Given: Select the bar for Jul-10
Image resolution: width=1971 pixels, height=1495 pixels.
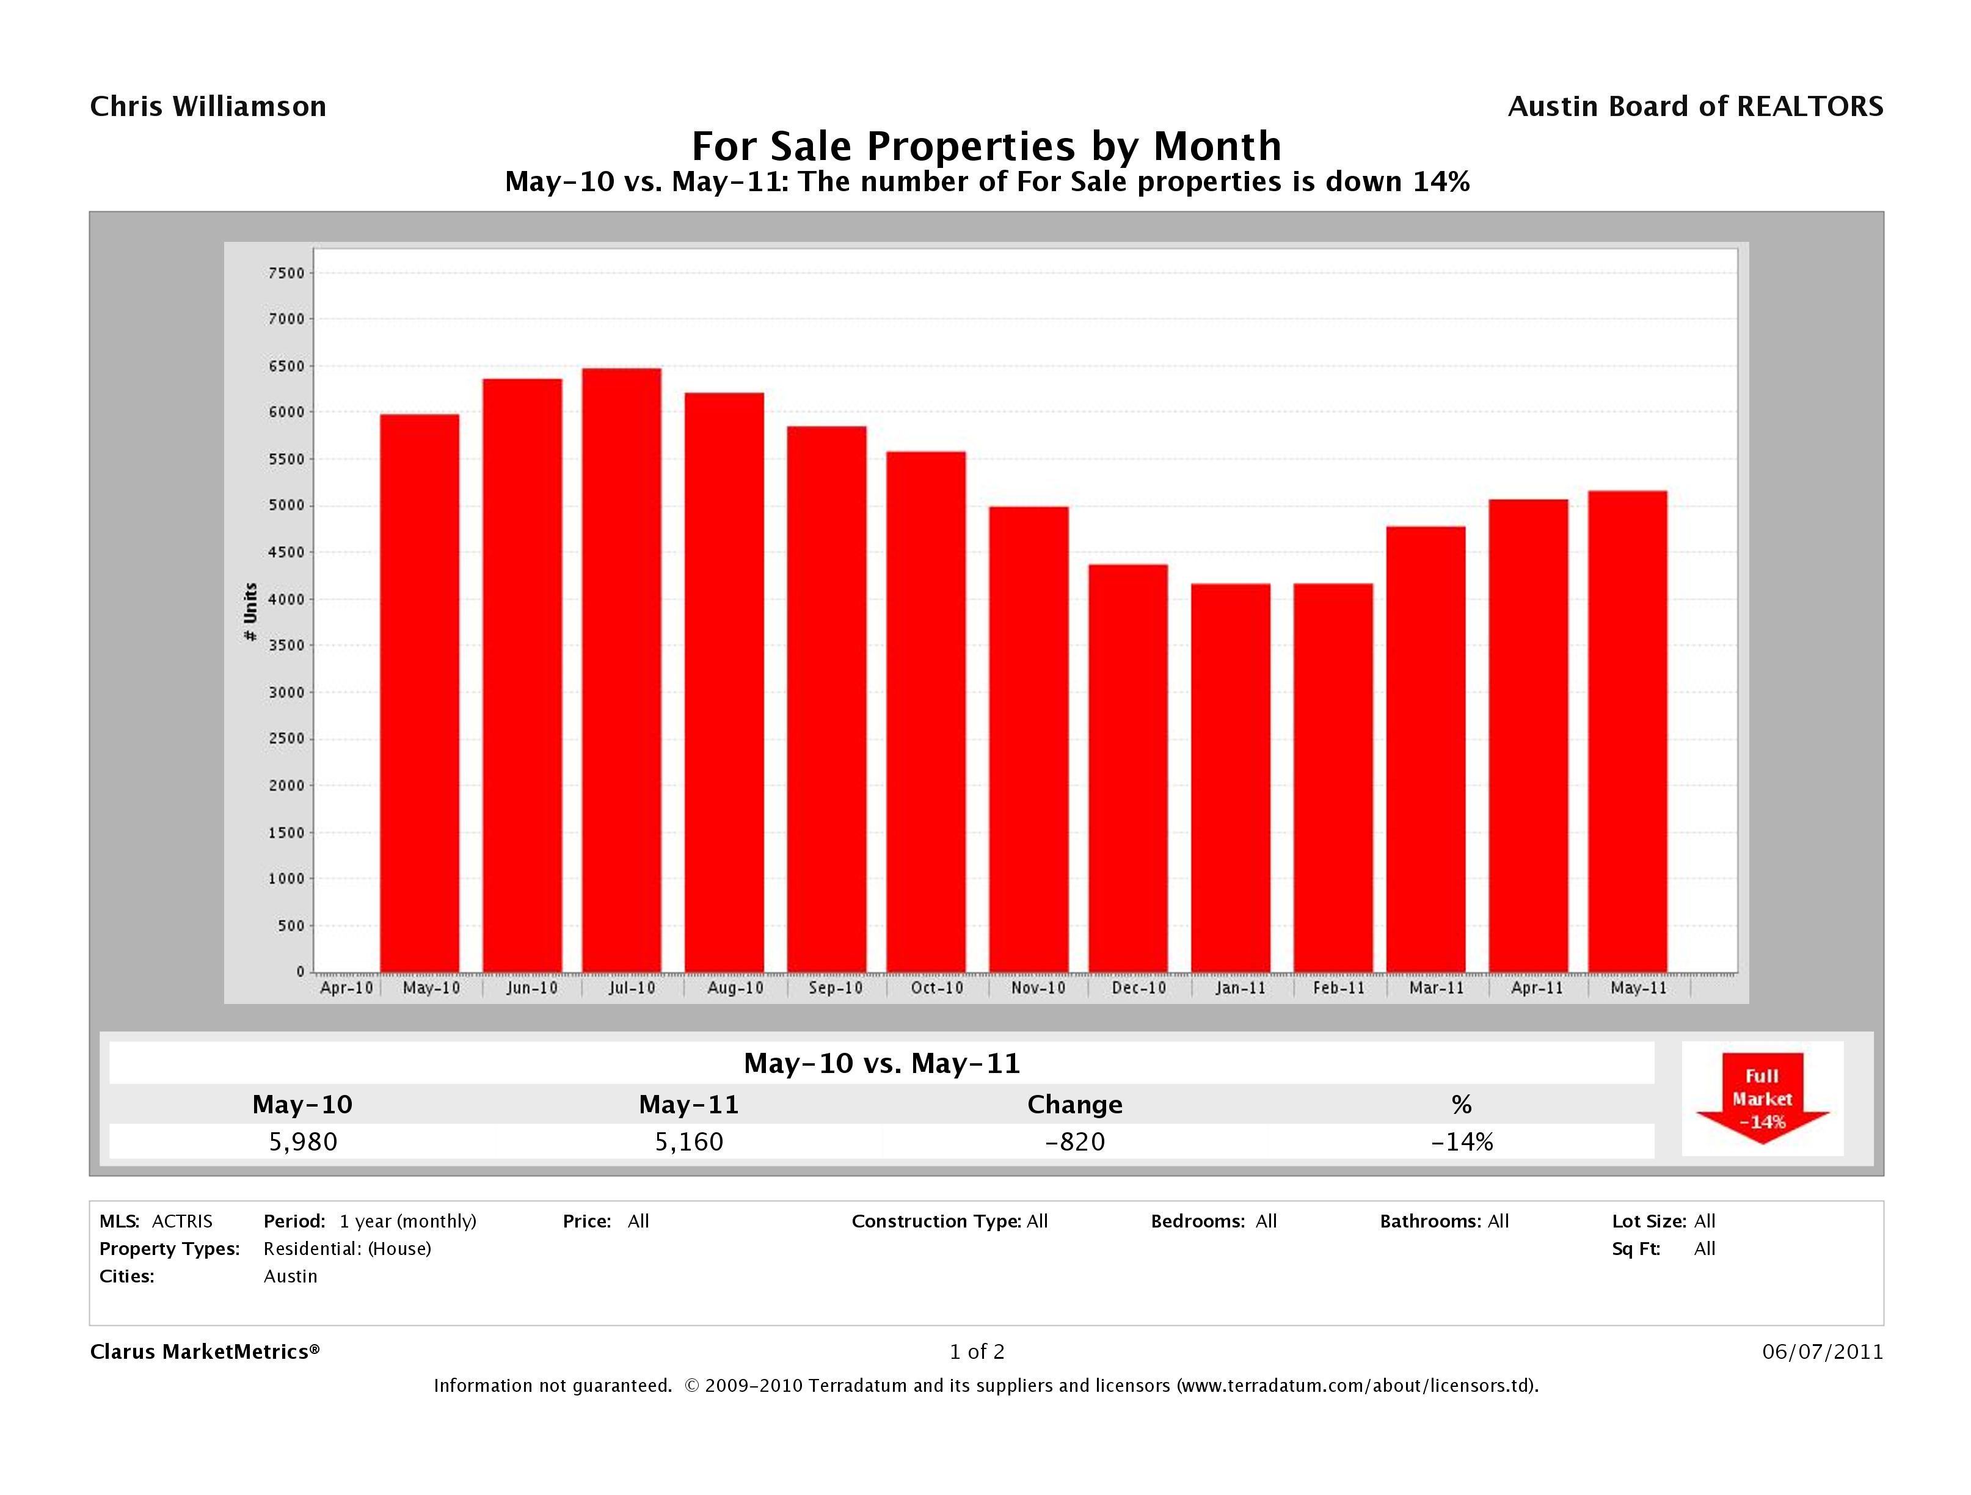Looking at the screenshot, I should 621,670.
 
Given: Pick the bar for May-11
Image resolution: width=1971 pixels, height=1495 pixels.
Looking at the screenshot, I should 1627,732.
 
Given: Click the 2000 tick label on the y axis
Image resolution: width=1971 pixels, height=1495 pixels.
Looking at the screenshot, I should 285,786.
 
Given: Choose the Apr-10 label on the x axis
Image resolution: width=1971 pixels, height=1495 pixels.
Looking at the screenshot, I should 346,988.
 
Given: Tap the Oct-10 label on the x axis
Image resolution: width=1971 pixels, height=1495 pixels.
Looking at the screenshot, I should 936,988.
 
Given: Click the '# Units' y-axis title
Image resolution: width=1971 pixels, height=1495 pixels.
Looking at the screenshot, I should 250,611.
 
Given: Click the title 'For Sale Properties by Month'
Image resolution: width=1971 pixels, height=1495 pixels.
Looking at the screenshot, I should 986,145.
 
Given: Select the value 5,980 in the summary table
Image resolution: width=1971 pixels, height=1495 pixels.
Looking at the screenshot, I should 303,1142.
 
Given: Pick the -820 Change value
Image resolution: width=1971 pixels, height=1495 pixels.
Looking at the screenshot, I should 1074,1142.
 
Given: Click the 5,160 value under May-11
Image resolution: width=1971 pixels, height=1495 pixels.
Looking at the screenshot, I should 689,1142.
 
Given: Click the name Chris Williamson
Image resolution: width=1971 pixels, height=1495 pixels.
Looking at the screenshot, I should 208,107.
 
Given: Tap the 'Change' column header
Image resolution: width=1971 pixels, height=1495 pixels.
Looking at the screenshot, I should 1074,1105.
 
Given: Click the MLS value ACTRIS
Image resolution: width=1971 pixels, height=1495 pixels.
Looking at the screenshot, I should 182,1221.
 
